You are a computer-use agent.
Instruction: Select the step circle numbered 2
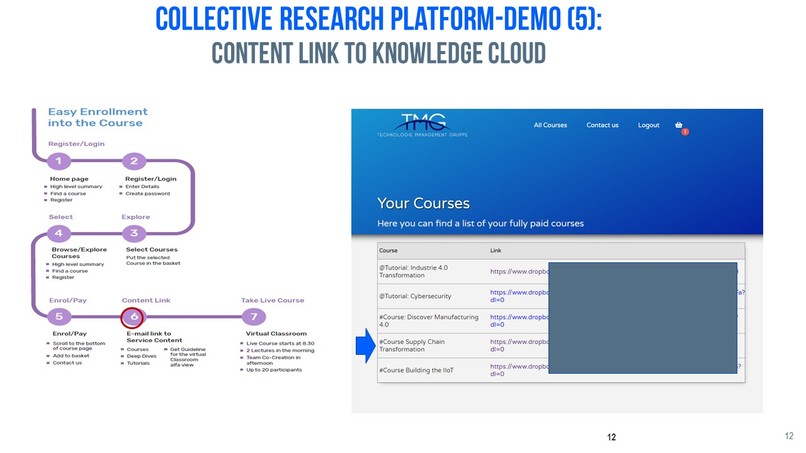click(x=134, y=161)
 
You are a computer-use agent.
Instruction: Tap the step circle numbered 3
click(x=134, y=233)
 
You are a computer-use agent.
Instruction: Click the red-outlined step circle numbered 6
click(x=132, y=317)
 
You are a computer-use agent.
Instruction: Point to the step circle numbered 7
click(x=254, y=317)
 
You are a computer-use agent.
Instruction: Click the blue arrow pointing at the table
click(x=364, y=347)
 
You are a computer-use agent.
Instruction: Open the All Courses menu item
click(x=550, y=125)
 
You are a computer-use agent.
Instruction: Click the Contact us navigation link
click(x=602, y=125)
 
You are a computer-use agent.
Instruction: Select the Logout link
click(x=648, y=125)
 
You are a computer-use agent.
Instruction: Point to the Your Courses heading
click(x=423, y=203)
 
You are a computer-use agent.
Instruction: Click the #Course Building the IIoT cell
click(x=423, y=371)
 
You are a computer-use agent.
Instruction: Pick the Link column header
click(x=496, y=250)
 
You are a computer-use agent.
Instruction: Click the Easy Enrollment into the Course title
click(x=97, y=117)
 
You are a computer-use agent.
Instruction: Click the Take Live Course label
click(x=272, y=300)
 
